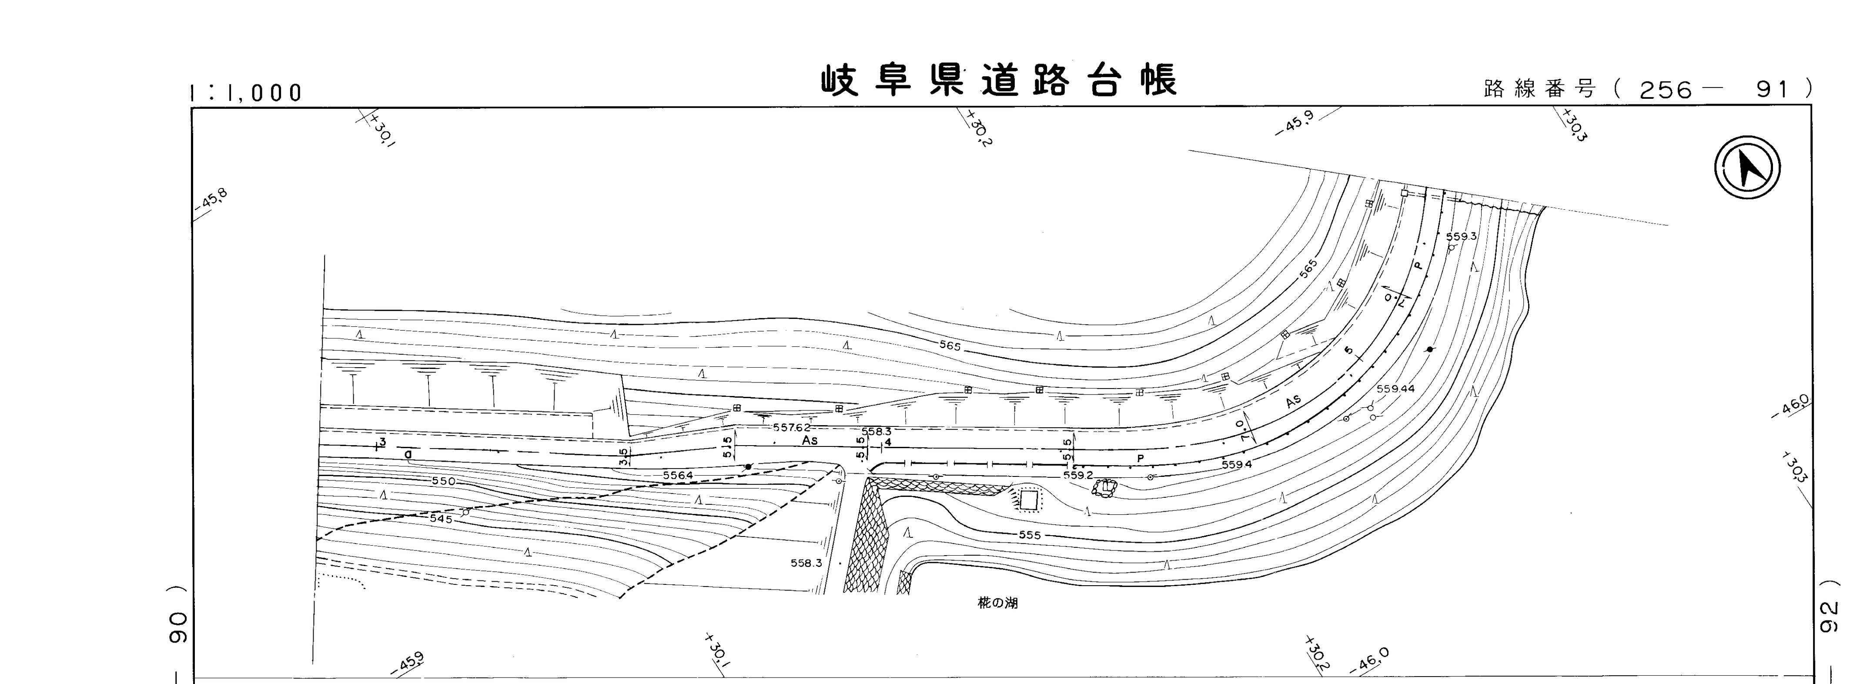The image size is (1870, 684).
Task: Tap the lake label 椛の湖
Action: [x=997, y=603]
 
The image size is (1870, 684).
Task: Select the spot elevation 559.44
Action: [x=1395, y=389]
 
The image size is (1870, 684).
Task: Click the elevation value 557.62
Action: [x=790, y=428]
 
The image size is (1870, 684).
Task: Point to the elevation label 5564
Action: [x=678, y=476]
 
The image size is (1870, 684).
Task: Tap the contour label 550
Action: [x=443, y=481]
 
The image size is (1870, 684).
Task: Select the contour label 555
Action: [x=1029, y=535]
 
